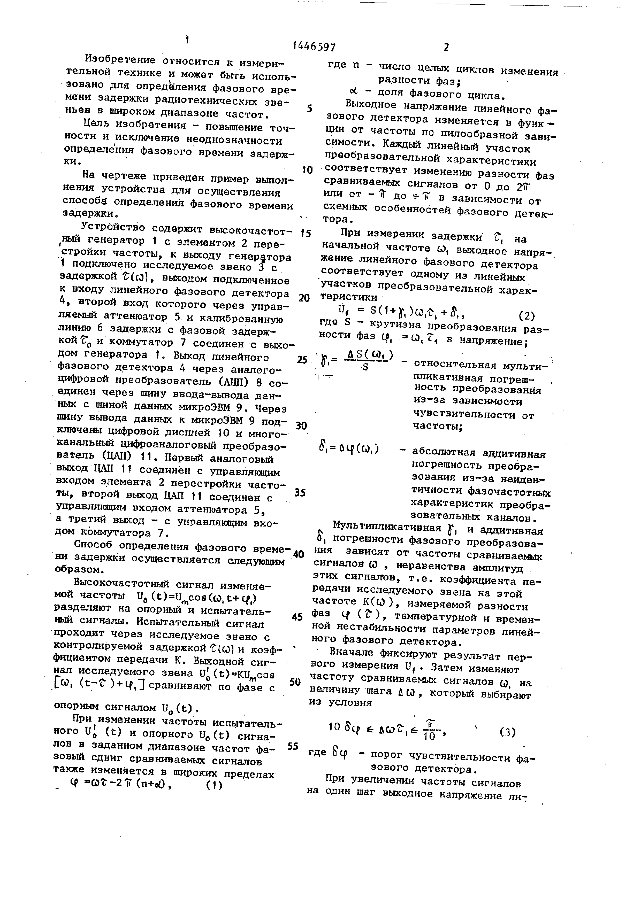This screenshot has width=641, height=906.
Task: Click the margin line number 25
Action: click(x=302, y=359)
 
